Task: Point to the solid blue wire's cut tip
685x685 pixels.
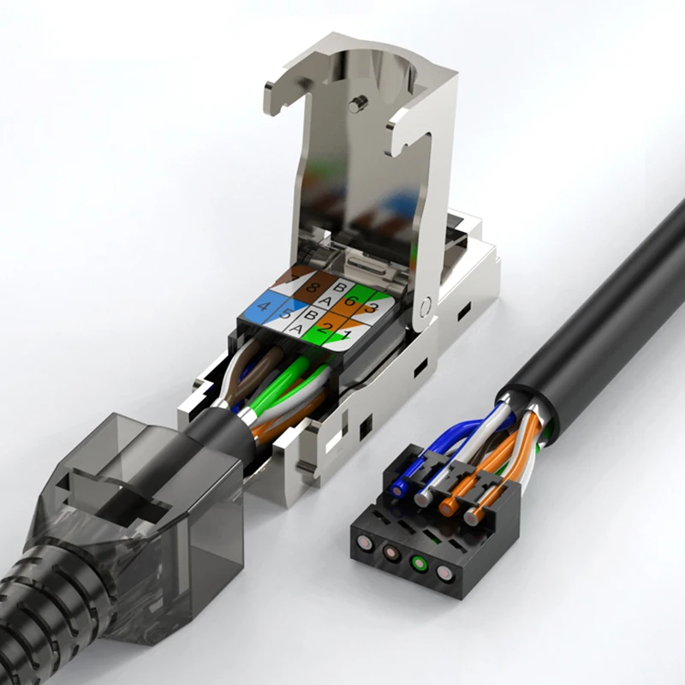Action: pos(399,490)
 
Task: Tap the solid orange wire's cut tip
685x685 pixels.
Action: pos(447,507)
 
